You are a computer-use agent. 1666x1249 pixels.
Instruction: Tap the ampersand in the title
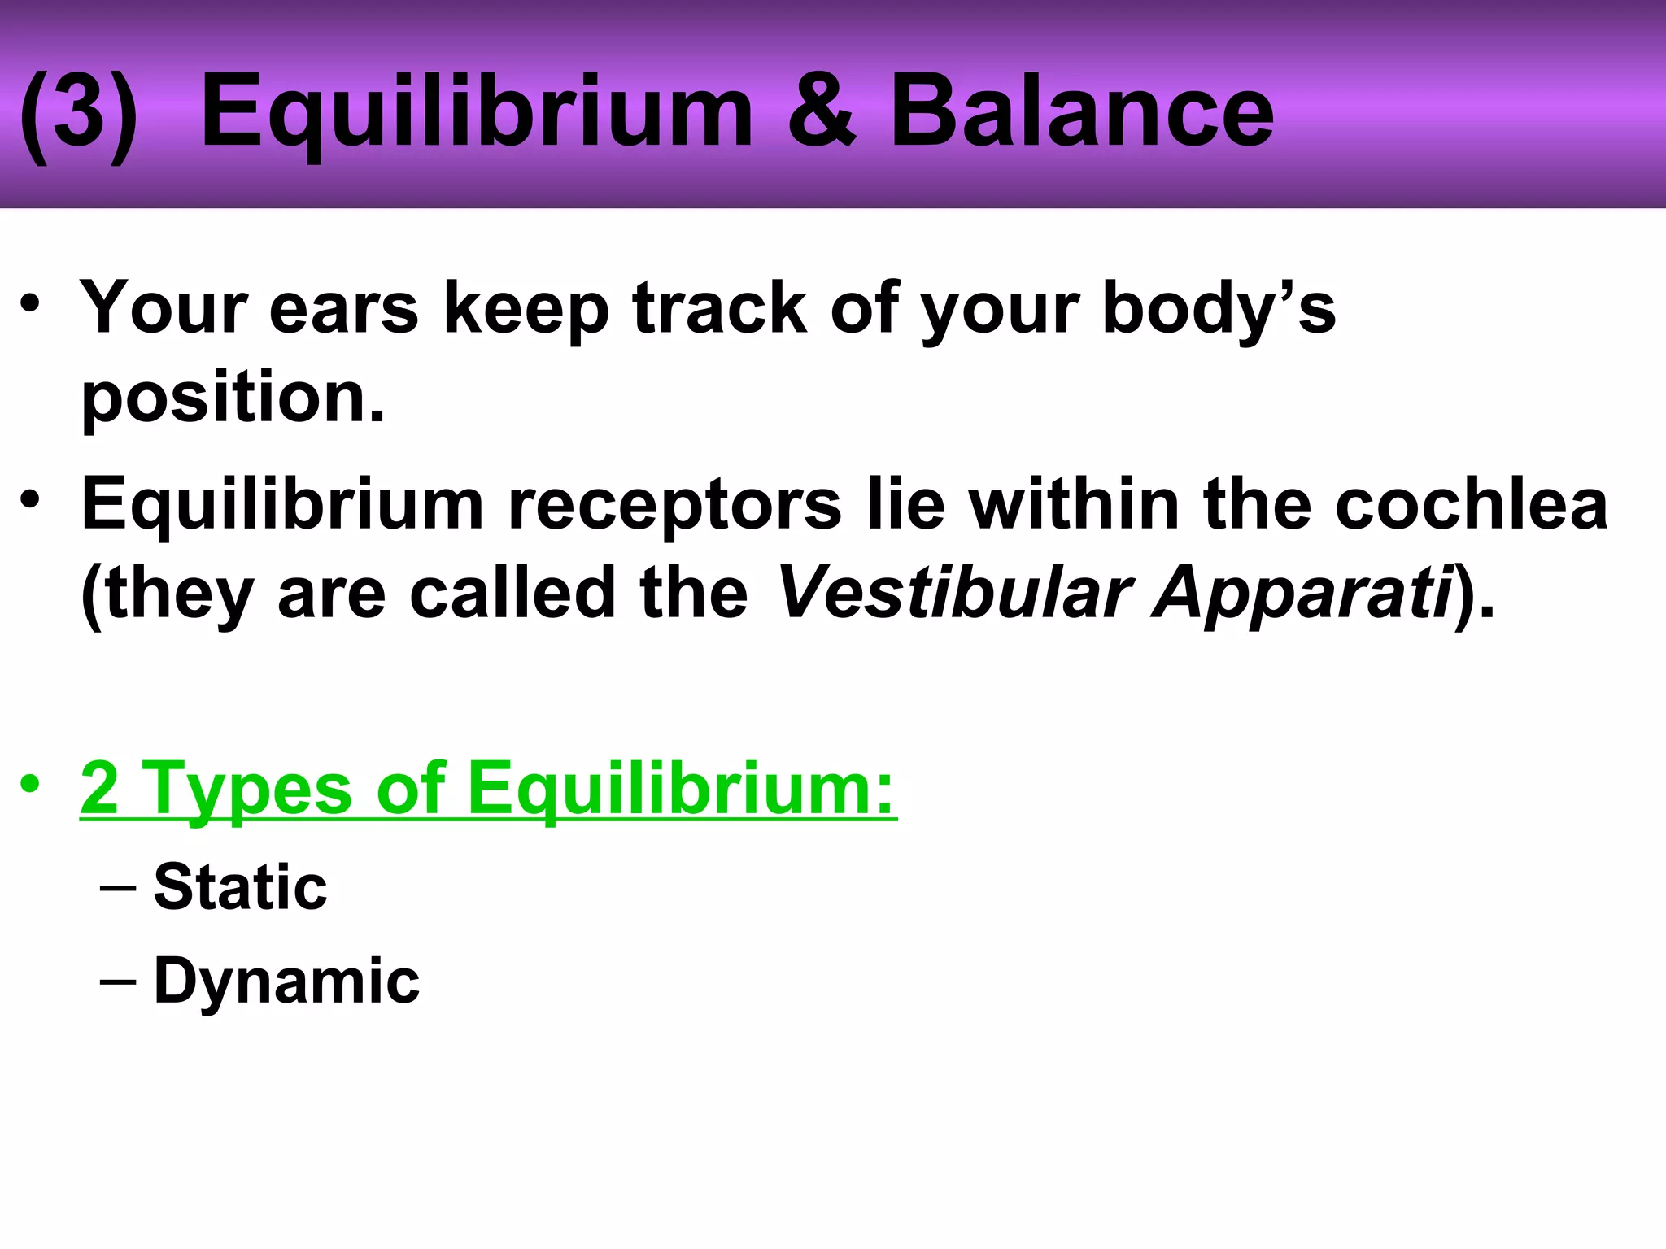[822, 111]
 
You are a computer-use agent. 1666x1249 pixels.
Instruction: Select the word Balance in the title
[1082, 111]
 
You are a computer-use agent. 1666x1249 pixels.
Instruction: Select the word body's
[1218, 311]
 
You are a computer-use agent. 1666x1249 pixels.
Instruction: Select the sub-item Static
[240, 886]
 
